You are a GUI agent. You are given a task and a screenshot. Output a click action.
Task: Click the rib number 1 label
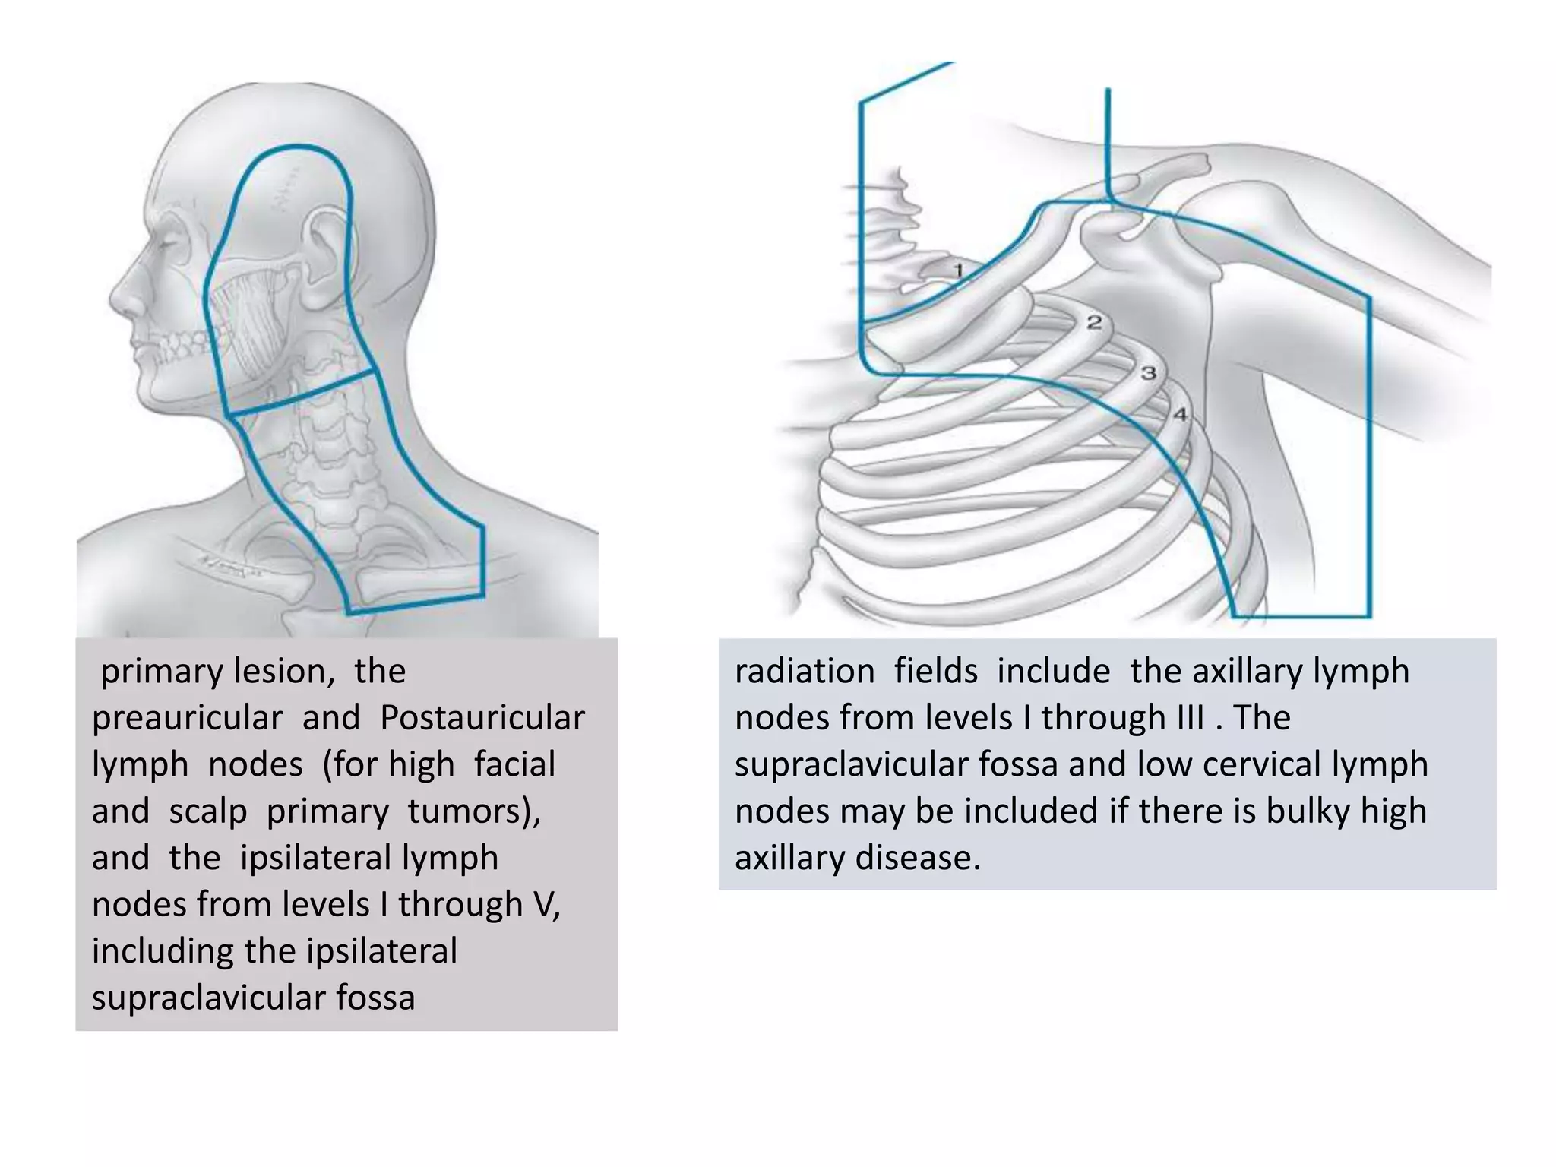[958, 270]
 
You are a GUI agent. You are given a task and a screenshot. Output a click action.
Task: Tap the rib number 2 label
[1094, 322]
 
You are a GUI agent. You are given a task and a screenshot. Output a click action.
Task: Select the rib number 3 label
[1149, 373]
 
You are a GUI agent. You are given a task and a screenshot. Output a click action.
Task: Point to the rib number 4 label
[1180, 414]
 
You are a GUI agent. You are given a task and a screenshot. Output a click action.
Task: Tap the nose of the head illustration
[125, 293]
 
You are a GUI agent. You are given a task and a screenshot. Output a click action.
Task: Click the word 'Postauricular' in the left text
[482, 718]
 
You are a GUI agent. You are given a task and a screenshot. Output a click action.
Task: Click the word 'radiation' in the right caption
[805, 672]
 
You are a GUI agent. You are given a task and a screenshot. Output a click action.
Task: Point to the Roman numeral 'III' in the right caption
[1182, 718]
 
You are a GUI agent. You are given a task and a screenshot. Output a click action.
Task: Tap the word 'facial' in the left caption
[515, 765]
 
